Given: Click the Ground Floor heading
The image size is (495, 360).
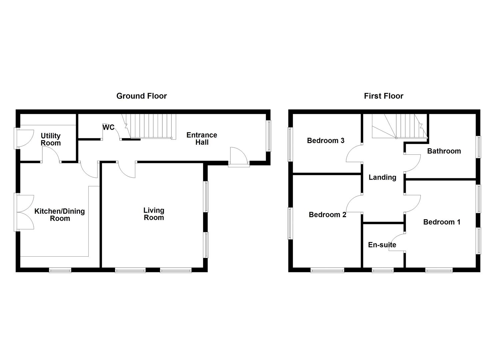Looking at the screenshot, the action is click(141, 96).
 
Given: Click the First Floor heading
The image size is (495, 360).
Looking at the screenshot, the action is click(384, 96).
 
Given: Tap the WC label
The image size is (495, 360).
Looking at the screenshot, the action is click(108, 127).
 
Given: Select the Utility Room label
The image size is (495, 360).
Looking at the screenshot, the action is click(51, 139).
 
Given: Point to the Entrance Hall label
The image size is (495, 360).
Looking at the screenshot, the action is click(202, 139).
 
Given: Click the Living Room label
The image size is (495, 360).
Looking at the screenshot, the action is click(154, 214).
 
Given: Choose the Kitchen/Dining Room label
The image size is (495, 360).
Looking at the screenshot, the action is click(60, 215).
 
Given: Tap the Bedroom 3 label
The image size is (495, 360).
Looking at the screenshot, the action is click(326, 141).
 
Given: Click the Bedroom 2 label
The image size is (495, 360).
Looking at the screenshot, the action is click(327, 215).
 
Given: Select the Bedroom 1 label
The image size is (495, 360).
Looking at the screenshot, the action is click(442, 222).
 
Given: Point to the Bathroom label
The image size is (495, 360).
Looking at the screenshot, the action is click(444, 151).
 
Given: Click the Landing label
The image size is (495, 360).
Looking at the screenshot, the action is click(383, 177).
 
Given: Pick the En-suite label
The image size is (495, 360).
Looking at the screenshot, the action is click(382, 245).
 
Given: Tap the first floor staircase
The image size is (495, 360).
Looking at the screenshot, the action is click(400, 126).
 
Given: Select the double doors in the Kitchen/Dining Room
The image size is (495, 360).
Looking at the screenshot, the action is click(24, 212).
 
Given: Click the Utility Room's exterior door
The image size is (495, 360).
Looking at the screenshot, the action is click(24, 138).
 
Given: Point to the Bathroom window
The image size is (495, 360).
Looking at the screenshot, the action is click(478, 147).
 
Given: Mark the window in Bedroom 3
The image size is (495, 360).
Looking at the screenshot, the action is click(290, 144).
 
